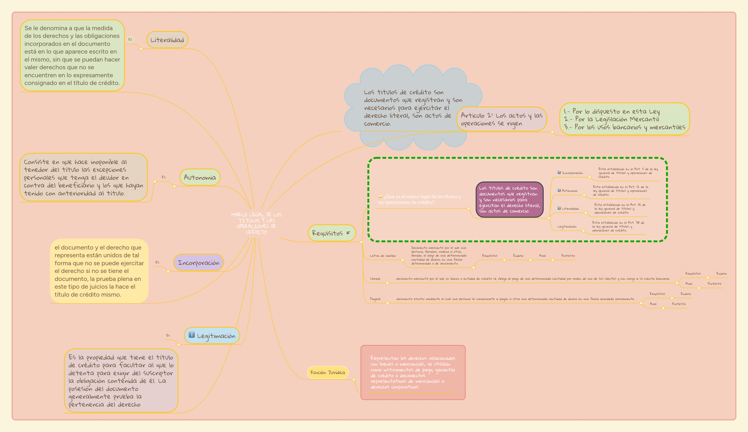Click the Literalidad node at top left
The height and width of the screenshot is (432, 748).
tap(167, 40)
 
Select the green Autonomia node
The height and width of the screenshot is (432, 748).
tap(200, 177)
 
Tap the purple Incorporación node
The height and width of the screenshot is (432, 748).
tap(198, 263)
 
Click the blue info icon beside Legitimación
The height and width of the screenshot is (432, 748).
tap(192, 335)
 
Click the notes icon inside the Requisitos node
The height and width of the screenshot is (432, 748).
tap(348, 233)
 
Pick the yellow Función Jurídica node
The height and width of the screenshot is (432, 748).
tap(328, 372)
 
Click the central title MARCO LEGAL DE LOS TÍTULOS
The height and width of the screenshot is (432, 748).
tap(256, 223)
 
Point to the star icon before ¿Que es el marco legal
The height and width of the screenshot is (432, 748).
tap(380, 196)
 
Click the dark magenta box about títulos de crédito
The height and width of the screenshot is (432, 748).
tap(509, 199)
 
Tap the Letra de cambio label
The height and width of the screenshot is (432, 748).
tap(383, 256)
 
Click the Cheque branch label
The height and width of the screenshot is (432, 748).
tap(375, 279)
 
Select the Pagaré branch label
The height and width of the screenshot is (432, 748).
tap(375, 299)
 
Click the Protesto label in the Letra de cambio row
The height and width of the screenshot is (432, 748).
tap(568, 256)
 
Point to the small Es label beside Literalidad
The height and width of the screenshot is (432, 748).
tap(130, 40)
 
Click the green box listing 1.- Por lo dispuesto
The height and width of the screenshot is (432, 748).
tap(624, 119)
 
